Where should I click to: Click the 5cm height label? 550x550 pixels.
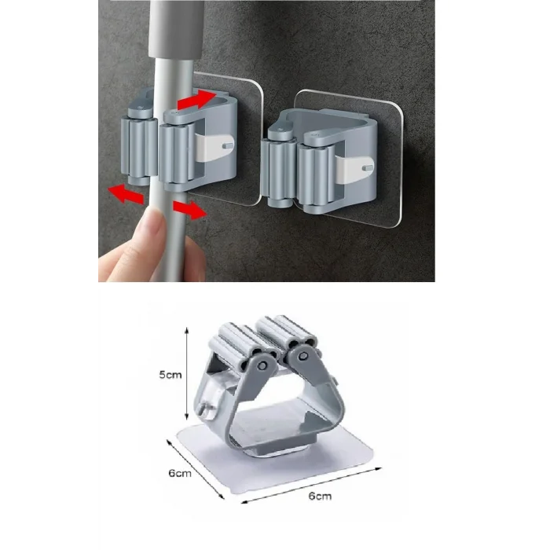coord(170,375)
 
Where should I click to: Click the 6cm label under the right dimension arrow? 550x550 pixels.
coord(320,496)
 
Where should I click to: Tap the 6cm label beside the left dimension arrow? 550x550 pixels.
coord(180,473)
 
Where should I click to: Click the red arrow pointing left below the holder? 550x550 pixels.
coord(126,193)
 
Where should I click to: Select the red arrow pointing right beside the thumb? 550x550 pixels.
coord(189,210)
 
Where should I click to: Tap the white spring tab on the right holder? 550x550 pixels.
coord(354,169)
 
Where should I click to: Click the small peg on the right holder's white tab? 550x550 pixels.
coord(368,168)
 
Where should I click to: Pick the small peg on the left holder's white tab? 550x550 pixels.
coord(228,145)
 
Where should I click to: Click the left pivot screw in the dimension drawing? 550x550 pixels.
coord(262,366)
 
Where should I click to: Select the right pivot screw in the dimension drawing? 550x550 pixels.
coord(303,357)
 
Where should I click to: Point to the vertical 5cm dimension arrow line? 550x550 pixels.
coord(187,373)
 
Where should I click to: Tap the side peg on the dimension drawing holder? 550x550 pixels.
coord(203,409)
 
